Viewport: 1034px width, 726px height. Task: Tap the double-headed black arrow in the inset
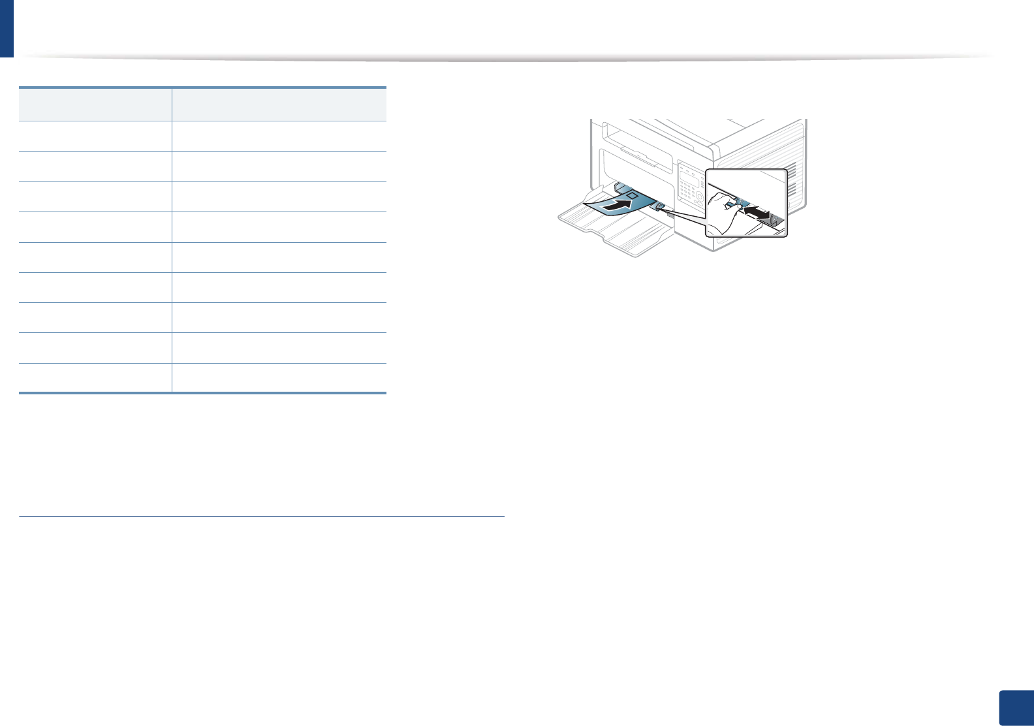point(757,213)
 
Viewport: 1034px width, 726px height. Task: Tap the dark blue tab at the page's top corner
point(7,28)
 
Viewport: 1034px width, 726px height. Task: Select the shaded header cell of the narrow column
point(95,104)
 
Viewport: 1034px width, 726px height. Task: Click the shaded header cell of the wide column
point(279,104)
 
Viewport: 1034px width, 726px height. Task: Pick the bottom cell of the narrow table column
point(95,377)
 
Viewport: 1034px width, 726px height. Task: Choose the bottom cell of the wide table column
point(279,377)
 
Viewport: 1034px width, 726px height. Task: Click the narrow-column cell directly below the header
point(95,136)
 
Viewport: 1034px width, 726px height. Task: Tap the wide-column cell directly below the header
point(279,136)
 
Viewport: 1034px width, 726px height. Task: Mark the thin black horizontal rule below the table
point(261,517)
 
